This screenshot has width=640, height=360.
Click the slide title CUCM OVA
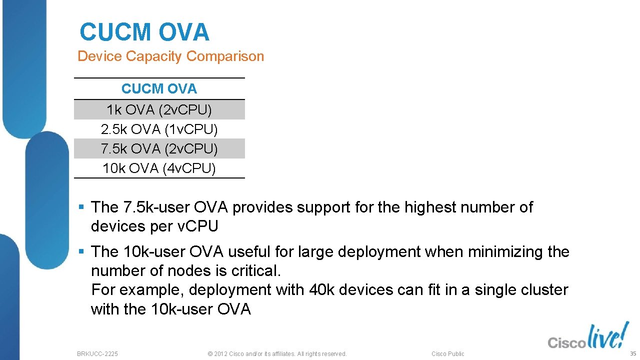[144, 32]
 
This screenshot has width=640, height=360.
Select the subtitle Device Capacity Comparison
[170, 56]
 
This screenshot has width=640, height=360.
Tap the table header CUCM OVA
[159, 89]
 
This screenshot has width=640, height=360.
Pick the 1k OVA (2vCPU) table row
[159, 109]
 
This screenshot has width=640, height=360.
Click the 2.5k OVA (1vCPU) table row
[159, 129]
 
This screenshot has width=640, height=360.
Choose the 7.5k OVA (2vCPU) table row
[159, 149]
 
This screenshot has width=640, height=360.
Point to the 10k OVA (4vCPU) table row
[159, 168]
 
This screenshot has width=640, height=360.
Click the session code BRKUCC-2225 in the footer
[97, 353]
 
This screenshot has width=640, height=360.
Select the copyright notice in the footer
[276, 353]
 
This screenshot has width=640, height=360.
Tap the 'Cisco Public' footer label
[447, 353]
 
